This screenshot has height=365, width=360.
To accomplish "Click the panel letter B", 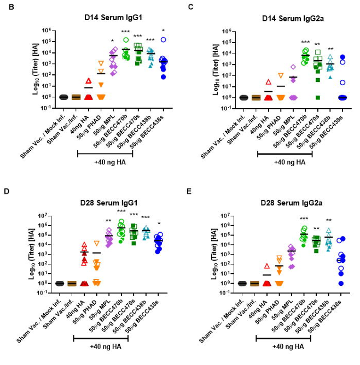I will (7, 7).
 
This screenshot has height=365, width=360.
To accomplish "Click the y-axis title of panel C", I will (205, 69).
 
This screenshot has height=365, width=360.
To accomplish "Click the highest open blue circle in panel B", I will (162, 39).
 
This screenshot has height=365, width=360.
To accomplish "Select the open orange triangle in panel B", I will (101, 63).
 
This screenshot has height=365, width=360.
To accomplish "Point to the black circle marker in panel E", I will (242, 283).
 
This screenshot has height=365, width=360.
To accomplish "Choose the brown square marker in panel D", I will (72, 283).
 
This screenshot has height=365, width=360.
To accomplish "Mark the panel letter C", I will (190, 7).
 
